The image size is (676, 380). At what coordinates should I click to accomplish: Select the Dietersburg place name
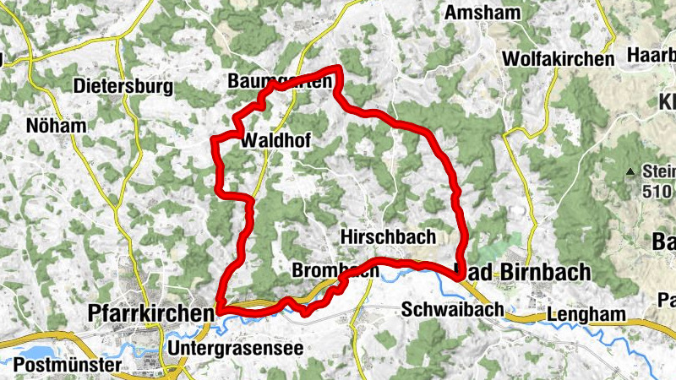point(123,86)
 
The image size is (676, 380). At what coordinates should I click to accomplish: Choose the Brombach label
point(333,271)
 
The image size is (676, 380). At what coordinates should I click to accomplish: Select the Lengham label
point(586,314)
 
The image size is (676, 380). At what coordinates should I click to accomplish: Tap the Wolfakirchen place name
point(557,59)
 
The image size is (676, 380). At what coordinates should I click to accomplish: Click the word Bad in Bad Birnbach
point(472,270)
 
